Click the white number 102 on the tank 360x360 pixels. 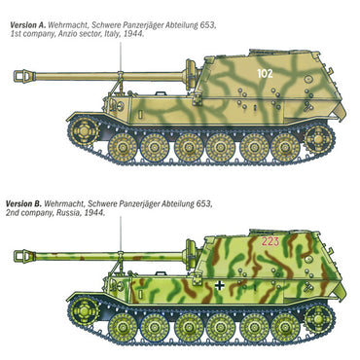[x=265, y=71]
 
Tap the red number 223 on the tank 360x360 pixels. [x=270, y=242]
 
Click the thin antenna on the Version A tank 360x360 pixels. [x=121, y=58]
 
